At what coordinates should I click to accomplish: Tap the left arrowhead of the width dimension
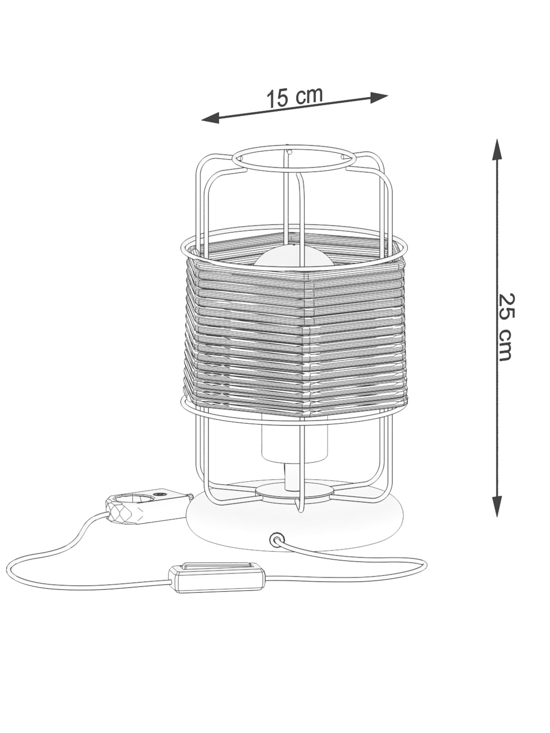click(x=210, y=118)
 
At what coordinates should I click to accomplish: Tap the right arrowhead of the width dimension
click(x=379, y=97)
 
